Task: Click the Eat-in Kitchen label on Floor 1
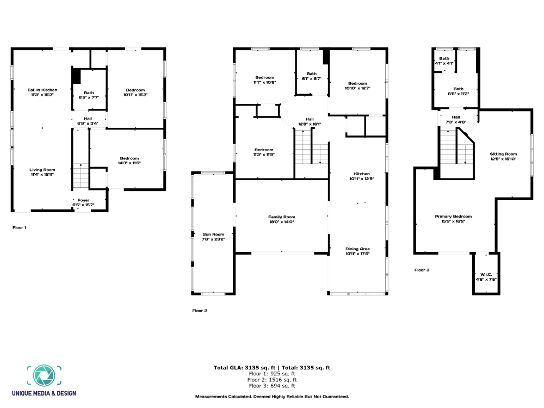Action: pos(42,90)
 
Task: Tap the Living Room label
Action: pos(42,170)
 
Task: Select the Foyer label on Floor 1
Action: pos(83,200)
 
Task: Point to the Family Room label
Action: pos(281,217)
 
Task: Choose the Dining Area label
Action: pos(357,249)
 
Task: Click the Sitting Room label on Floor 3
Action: pos(503,154)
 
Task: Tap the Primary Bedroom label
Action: pos(453,217)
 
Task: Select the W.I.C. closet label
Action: pos(486,274)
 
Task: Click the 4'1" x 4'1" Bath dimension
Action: pos(444,64)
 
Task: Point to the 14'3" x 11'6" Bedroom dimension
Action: pos(129,163)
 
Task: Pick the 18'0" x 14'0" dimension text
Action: pos(281,222)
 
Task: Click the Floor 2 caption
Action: pos(200,311)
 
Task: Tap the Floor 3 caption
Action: pos(422,270)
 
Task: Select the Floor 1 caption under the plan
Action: pos(19,227)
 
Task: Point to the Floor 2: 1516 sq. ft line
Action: pos(272,380)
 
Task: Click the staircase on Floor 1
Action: pos(81,176)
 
